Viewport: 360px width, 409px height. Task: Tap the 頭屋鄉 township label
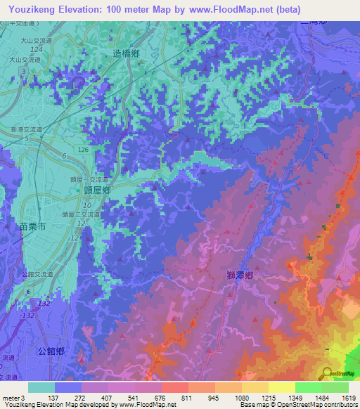tap(97, 190)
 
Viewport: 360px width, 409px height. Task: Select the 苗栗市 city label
tap(31, 226)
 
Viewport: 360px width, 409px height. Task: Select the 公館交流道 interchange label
tap(26, 275)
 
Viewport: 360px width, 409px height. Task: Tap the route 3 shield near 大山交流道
tap(25, 72)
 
